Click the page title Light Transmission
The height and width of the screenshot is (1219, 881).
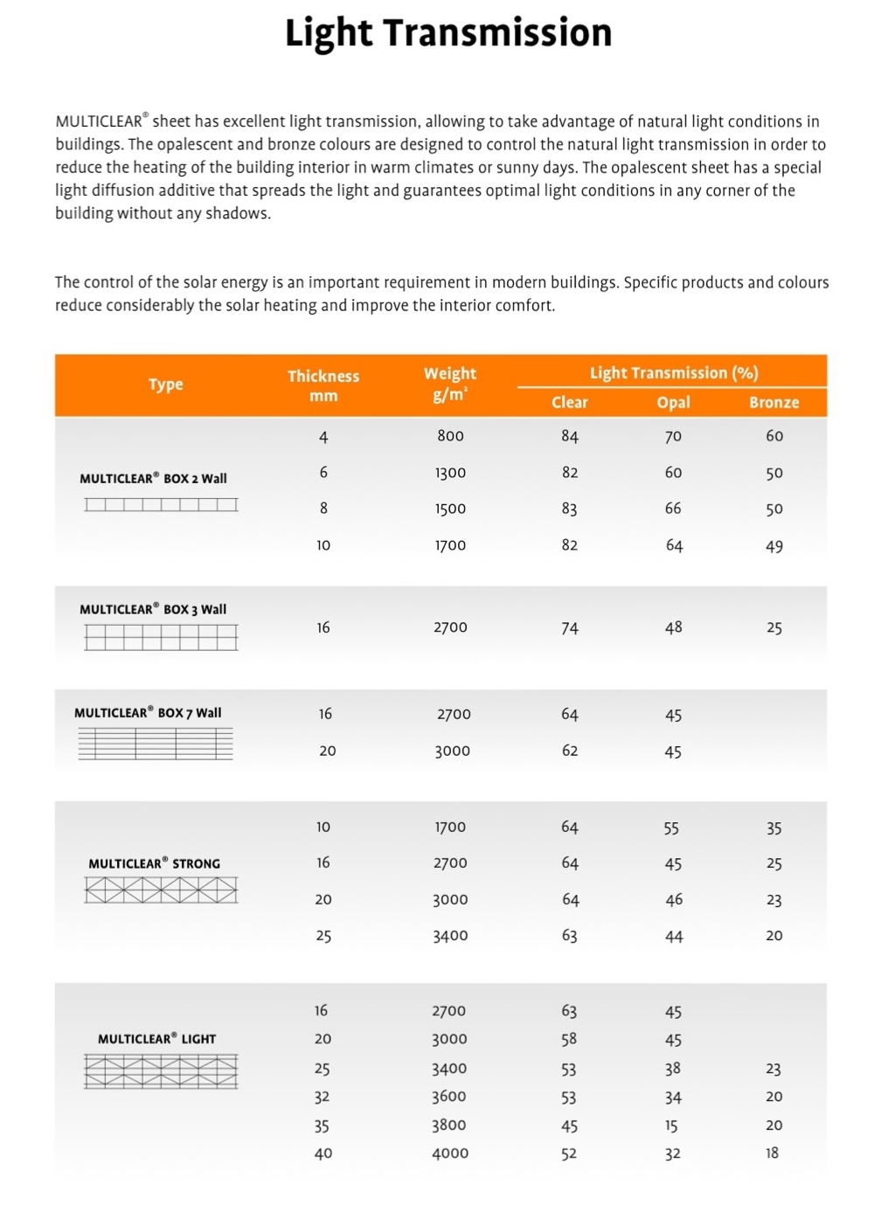tap(448, 33)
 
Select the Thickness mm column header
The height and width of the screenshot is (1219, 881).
tap(323, 385)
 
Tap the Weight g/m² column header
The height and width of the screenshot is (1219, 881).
tap(450, 384)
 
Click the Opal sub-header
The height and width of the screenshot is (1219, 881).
tap(673, 402)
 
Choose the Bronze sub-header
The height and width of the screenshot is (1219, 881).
tap(773, 402)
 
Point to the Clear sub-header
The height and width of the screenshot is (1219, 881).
tap(570, 402)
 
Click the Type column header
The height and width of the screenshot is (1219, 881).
tap(165, 384)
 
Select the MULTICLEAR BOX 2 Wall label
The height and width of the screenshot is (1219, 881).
tap(153, 478)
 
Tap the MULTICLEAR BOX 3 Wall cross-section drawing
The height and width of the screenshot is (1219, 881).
tap(161, 637)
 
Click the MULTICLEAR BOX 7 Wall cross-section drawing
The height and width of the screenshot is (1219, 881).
tap(156, 744)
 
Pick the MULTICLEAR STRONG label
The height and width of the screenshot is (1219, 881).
tap(154, 863)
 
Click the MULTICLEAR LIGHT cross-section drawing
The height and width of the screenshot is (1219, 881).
tap(161, 1071)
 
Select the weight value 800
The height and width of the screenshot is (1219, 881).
tap(450, 436)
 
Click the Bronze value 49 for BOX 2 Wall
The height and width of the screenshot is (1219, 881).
tap(773, 546)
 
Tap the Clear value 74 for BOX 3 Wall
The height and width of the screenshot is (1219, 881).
tap(570, 627)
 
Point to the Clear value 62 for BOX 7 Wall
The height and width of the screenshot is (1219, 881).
tap(570, 751)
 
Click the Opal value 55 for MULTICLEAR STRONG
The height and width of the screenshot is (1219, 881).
tap(671, 828)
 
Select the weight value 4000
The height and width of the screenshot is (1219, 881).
tap(450, 1153)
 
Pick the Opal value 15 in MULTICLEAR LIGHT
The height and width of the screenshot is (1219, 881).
tap(671, 1125)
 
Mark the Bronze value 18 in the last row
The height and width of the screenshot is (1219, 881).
tap(773, 1153)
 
